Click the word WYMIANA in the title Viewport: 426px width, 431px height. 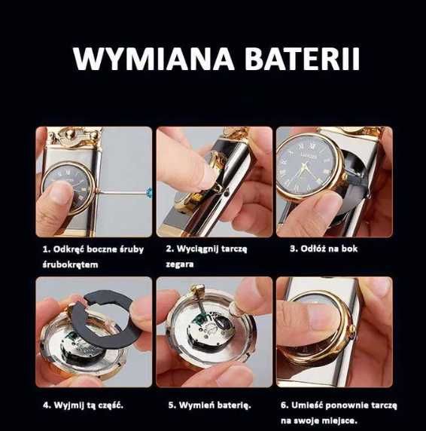[154, 59]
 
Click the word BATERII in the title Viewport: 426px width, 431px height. [302, 59]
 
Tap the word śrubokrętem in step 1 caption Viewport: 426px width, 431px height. [70, 264]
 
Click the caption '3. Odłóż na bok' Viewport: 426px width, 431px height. [324, 249]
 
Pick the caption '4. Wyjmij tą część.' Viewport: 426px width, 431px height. [84, 405]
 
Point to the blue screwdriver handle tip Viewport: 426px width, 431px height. [149, 191]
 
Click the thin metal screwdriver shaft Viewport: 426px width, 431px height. [122, 191]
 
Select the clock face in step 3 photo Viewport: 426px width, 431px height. [304, 167]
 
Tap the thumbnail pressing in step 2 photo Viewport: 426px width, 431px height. [204, 175]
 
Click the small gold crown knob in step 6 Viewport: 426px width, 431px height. [353, 327]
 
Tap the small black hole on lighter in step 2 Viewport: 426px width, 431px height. [225, 194]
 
